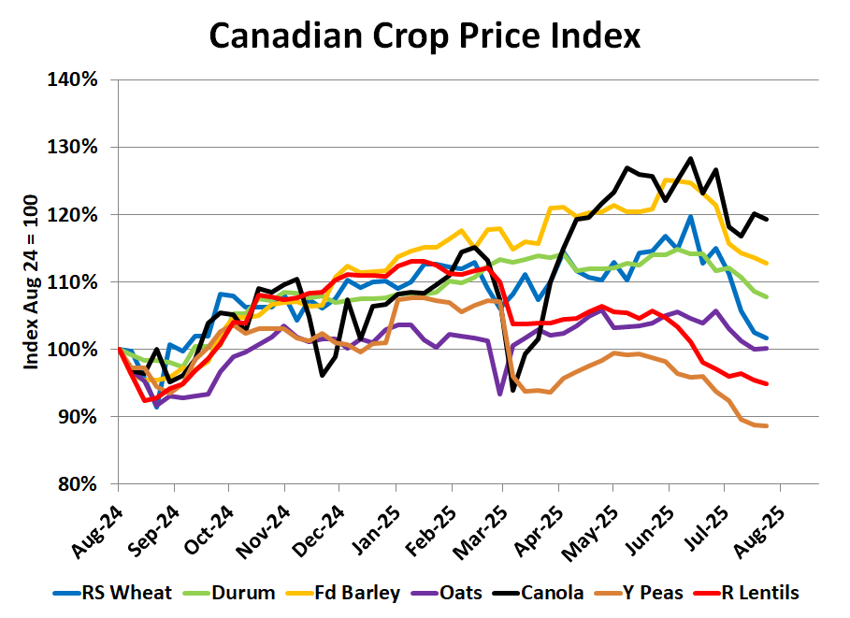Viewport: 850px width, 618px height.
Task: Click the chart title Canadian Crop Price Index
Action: pyautogui.click(x=425, y=36)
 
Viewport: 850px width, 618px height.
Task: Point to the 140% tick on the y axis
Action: pyautogui.click(x=73, y=79)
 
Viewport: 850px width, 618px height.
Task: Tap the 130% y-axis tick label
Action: pyautogui.click(x=73, y=147)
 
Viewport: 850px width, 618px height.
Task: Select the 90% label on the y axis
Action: pyautogui.click(x=77, y=416)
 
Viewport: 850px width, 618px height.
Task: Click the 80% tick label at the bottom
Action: pyautogui.click(x=77, y=483)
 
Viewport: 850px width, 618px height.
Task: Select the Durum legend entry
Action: pyautogui.click(x=235, y=592)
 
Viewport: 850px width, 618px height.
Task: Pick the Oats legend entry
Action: pyautogui.click(x=465, y=592)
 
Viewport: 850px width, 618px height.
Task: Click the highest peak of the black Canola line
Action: pyautogui.click(x=690, y=159)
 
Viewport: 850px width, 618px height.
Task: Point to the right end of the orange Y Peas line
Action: pyautogui.click(x=767, y=426)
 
